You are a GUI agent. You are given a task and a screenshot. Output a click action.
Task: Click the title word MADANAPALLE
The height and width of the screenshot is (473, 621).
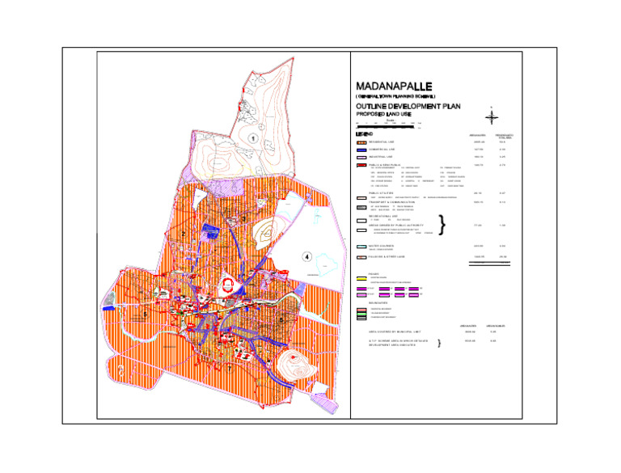point(395,87)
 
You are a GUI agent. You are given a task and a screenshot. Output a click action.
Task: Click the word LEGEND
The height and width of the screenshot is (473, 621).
point(365,133)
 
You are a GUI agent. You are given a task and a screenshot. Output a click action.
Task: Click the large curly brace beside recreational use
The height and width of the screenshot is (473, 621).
point(441,224)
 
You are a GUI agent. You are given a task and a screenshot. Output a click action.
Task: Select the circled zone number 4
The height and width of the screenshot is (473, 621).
point(307,257)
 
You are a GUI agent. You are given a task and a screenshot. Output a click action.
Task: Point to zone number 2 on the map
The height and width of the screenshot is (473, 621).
point(184,234)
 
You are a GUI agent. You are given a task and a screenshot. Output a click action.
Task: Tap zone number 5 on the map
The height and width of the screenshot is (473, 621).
point(145,314)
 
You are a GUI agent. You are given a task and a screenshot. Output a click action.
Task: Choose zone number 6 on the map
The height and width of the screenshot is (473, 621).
point(281,320)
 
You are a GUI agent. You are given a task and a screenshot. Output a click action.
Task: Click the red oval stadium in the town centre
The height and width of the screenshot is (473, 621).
point(229,284)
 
